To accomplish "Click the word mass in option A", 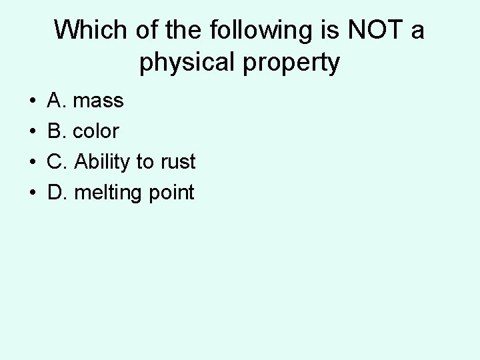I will pyautogui.click(x=98, y=101).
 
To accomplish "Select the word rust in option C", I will pyautogui.click(x=175, y=162).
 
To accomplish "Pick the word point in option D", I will pyautogui.click(x=169, y=193).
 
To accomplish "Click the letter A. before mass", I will pyautogui.click(x=57, y=101).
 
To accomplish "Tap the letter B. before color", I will pyautogui.click(x=57, y=132).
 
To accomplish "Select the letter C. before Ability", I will pyautogui.click(x=57, y=162).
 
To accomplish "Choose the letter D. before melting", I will pyautogui.click(x=57, y=193).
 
